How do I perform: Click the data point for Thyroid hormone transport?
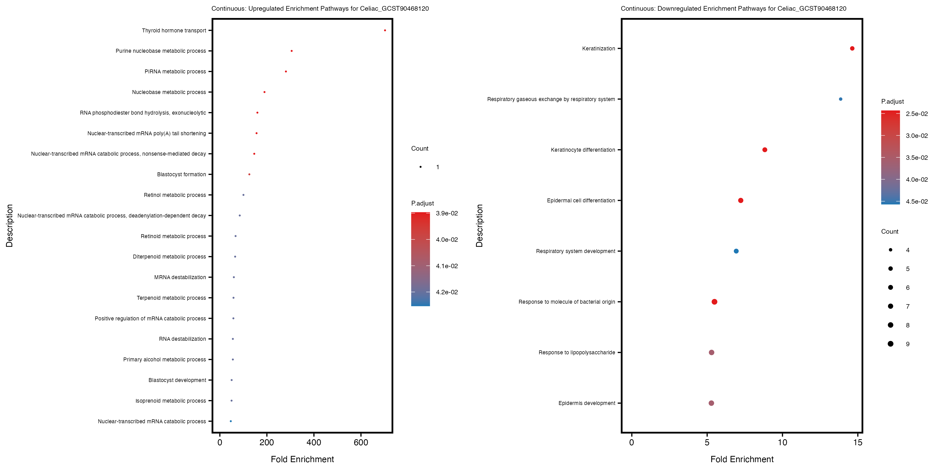385,30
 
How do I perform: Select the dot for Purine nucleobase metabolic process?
292,51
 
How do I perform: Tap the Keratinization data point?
852,49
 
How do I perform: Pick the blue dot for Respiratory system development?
736,251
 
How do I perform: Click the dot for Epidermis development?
711,403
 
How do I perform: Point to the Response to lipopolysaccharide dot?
712,352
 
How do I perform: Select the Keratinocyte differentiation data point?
765,150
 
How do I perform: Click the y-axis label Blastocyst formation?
181,174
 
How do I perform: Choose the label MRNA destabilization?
180,277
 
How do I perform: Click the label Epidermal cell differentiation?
581,200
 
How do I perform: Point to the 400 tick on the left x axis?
314,443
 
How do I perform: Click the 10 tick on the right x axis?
782,443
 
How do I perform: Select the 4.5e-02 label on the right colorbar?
917,201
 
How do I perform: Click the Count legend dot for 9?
891,344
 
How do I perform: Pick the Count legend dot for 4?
891,250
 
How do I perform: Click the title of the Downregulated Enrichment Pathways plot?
733,8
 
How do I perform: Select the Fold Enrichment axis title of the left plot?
302,459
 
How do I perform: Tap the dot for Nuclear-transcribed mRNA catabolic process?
231,421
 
